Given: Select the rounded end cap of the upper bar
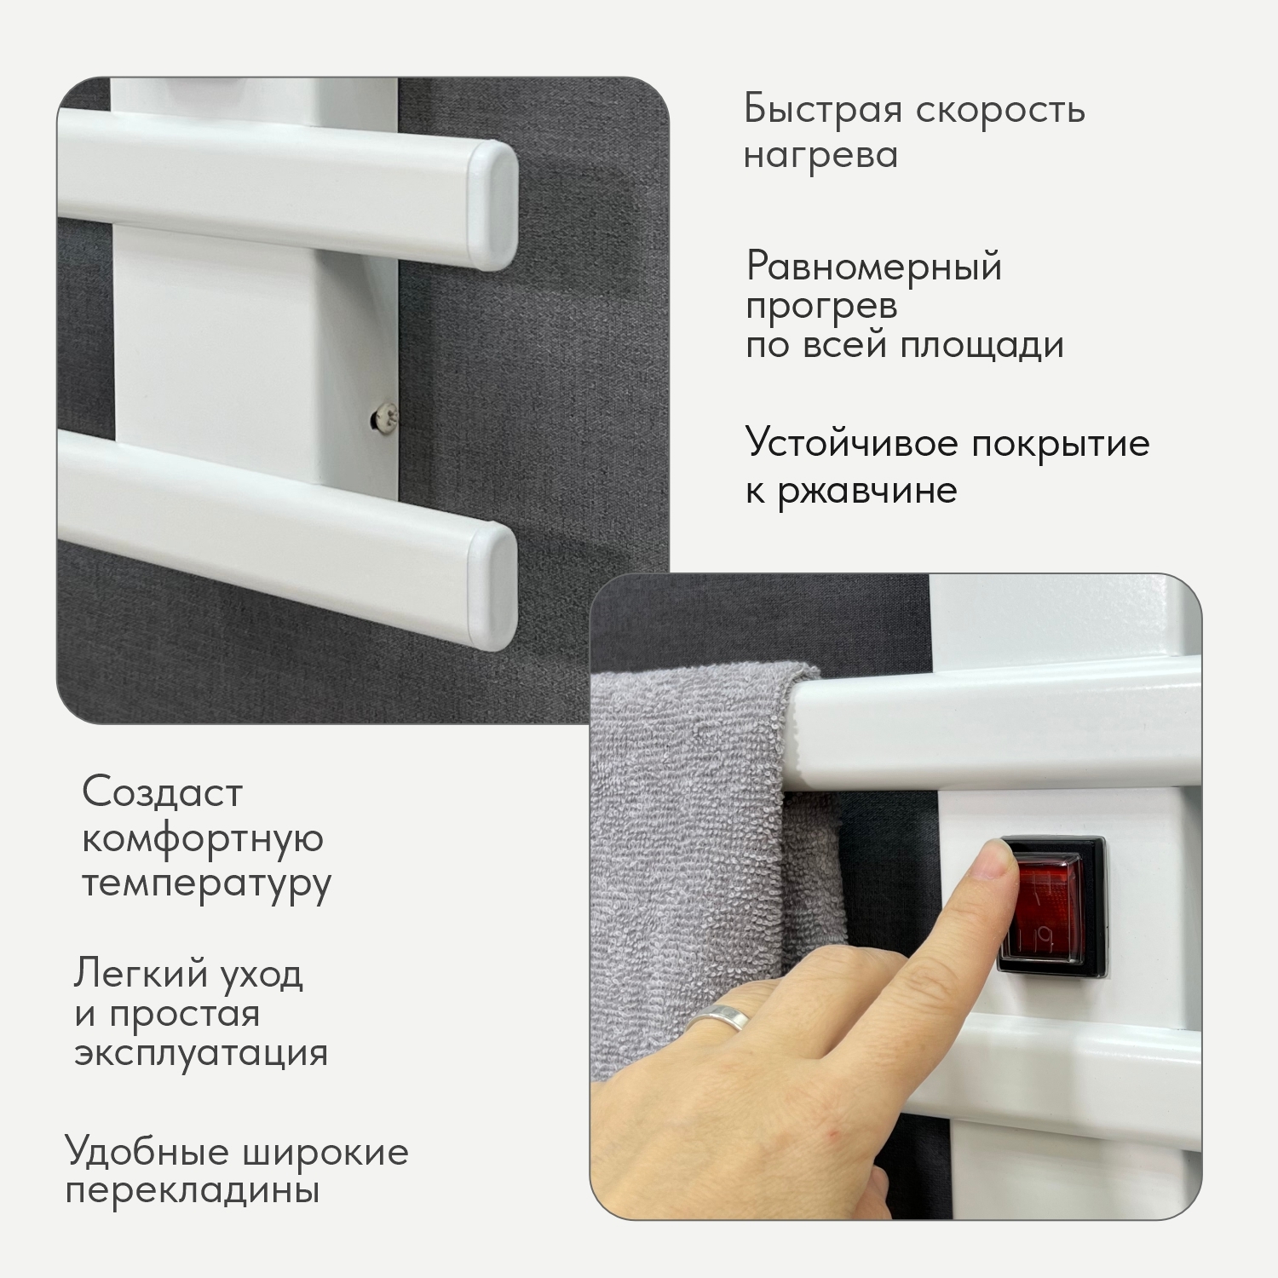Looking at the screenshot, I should (x=495, y=204).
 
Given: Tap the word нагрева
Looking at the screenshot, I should (x=820, y=155).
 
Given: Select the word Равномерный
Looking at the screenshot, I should (x=874, y=268).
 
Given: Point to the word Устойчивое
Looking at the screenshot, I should (x=853, y=443).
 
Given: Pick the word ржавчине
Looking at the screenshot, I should (x=867, y=490).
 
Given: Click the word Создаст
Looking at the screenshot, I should (x=163, y=792).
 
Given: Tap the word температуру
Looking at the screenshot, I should (x=207, y=883).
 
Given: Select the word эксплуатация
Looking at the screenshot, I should (x=201, y=1052).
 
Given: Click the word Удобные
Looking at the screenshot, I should (x=147, y=1152).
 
